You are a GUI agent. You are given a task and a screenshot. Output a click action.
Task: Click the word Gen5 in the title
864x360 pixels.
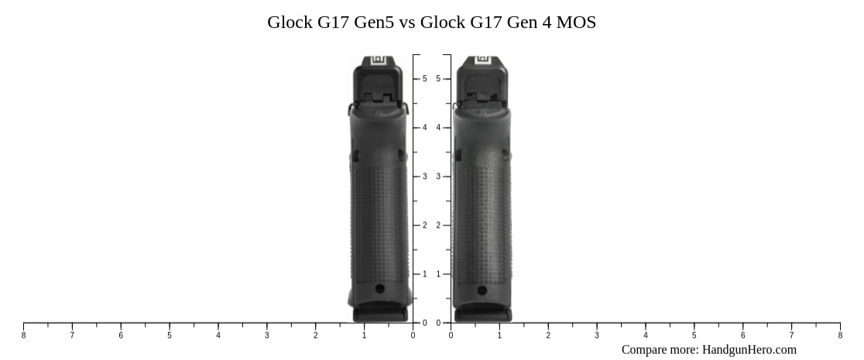pyautogui.click(x=374, y=22)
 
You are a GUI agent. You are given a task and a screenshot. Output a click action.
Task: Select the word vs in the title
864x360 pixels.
pyautogui.click(x=408, y=22)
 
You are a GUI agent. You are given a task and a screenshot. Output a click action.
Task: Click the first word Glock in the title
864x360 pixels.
pyautogui.click(x=290, y=22)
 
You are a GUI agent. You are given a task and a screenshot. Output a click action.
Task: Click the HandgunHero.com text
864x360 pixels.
pyautogui.click(x=749, y=350)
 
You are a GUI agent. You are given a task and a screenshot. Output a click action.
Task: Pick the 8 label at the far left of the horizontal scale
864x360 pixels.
pyautogui.click(x=23, y=335)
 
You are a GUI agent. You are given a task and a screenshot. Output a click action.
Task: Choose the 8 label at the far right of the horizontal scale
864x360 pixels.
pyautogui.click(x=840, y=335)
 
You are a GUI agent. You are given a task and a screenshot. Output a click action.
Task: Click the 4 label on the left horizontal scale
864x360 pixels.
pyautogui.click(x=218, y=335)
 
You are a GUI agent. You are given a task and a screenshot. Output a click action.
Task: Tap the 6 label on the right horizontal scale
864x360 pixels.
pyautogui.click(x=742, y=335)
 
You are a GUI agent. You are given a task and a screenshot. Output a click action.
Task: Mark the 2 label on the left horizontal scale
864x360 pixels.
pyautogui.click(x=316, y=335)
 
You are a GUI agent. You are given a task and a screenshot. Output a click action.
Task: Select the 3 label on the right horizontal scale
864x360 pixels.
pyautogui.click(x=597, y=335)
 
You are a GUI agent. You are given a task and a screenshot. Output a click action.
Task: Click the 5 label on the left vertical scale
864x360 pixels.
pyautogui.click(x=424, y=79)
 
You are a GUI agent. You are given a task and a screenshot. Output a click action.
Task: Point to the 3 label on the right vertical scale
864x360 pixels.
pyautogui.click(x=439, y=177)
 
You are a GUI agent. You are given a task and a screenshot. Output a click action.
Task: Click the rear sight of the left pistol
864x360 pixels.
pyautogui.click(x=378, y=60)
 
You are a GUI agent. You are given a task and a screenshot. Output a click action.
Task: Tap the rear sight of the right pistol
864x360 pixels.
pyautogui.click(x=482, y=60)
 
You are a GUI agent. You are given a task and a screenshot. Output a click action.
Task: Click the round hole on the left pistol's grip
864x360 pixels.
pyautogui.click(x=379, y=289)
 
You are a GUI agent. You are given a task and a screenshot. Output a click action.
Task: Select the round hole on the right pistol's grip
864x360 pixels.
pyautogui.click(x=482, y=291)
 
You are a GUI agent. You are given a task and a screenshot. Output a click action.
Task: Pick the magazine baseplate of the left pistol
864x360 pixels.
pyautogui.click(x=379, y=314)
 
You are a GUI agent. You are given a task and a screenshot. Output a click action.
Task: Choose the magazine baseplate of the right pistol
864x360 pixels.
pyautogui.click(x=482, y=314)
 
